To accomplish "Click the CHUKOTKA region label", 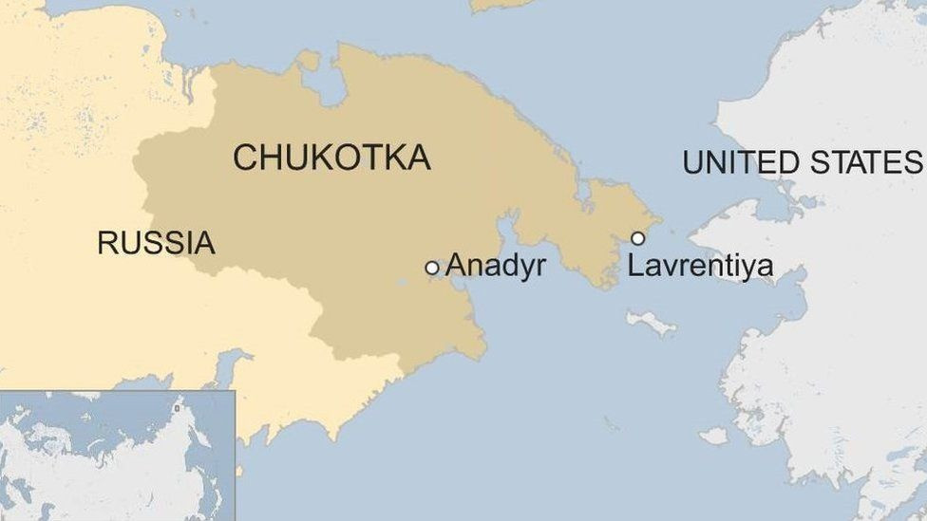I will coord(331,158).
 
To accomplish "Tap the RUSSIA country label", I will coord(156,243).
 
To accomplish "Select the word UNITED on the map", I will coord(737,162).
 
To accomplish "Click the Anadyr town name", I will coord(495,266).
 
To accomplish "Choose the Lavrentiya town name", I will coord(700,267).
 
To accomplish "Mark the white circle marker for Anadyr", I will coord(432,269).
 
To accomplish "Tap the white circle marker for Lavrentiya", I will coord(638,238).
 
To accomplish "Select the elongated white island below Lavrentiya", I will coord(651,323).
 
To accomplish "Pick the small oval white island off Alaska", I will coord(713,436).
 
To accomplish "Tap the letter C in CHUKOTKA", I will coord(245,158).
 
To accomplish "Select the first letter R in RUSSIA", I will coord(107,243).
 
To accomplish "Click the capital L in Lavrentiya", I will coord(634,267).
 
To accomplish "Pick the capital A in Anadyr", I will coord(456,266).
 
